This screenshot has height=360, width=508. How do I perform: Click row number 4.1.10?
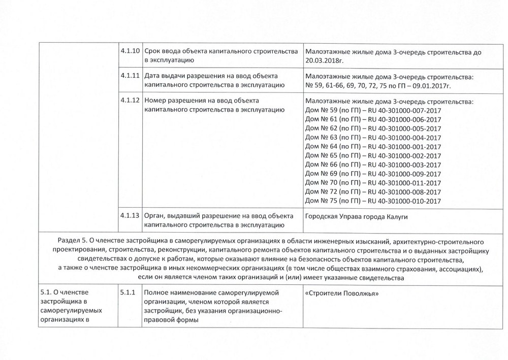point(130,51)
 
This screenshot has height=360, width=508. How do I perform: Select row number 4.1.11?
point(130,76)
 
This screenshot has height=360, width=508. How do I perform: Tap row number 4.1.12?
point(130,100)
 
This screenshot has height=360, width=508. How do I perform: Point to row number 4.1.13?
point(130,214)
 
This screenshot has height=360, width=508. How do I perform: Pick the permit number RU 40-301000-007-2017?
point(404,110)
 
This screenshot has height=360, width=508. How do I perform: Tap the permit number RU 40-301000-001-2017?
point(404,146)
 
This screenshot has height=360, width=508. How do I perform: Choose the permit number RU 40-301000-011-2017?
point(404,183)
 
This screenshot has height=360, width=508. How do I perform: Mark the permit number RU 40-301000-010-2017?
point(404,201)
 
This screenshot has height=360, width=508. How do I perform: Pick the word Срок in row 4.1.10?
point(153,51)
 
